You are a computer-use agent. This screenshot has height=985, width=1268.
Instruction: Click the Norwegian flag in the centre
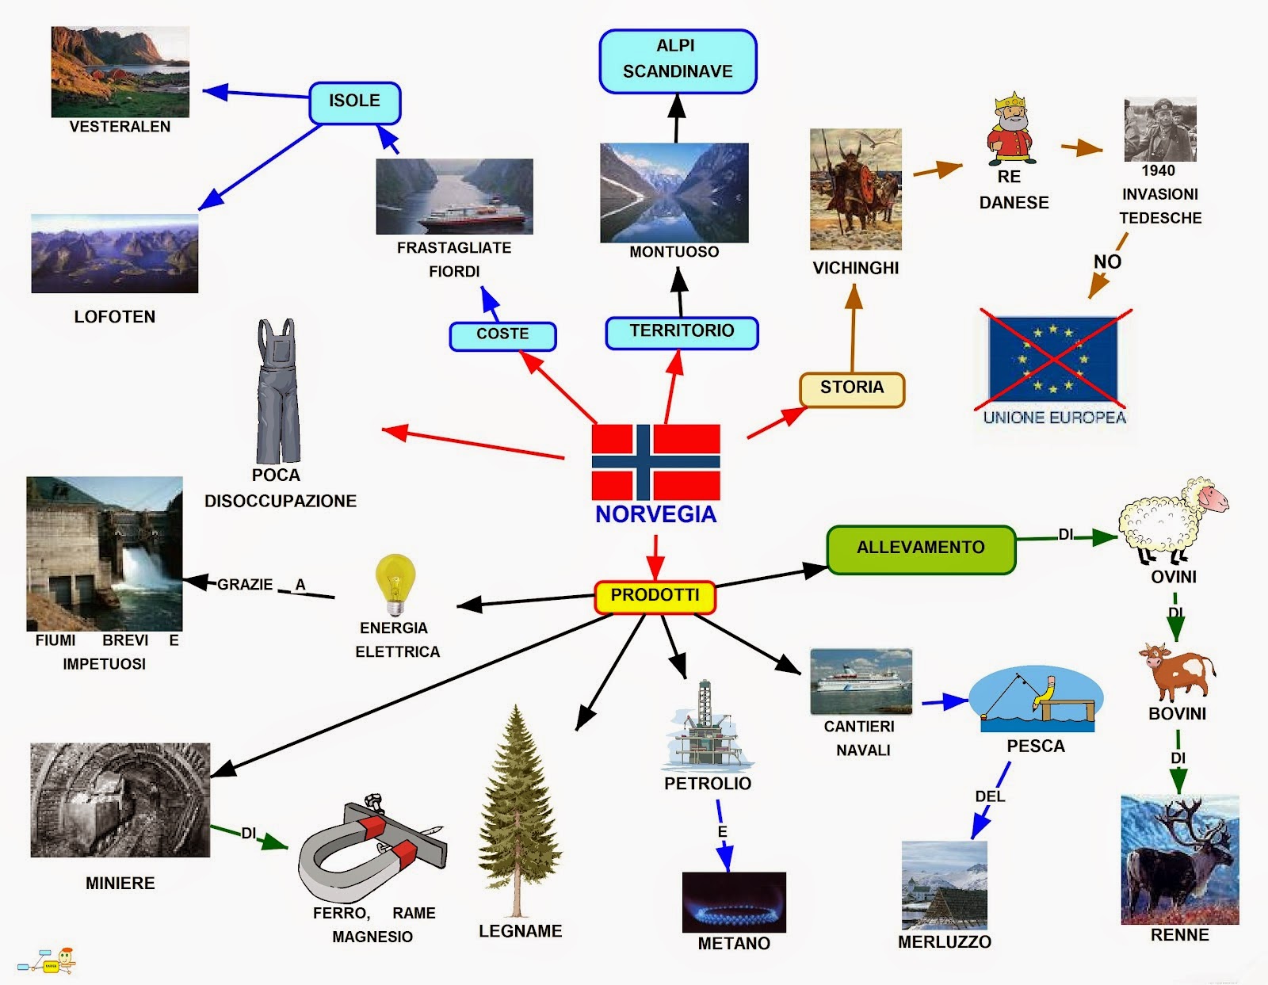655,462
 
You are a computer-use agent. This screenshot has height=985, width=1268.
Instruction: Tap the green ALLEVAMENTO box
920,548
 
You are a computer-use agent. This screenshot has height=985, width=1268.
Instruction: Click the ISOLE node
355,102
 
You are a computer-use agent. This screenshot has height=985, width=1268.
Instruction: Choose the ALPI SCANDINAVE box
678,60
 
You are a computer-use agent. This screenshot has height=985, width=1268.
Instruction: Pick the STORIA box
852,389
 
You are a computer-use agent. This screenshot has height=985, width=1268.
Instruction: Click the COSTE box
502,335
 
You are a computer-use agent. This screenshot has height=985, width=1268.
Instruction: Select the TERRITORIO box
682,332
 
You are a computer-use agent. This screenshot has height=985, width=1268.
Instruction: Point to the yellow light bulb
395,583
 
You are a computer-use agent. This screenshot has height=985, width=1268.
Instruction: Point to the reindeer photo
1179,860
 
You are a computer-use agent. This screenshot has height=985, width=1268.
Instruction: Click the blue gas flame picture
734,903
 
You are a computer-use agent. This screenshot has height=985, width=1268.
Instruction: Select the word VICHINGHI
855,269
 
